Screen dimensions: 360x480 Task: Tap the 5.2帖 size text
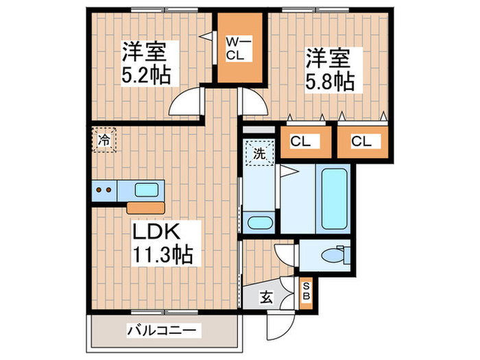(x=146, y=73)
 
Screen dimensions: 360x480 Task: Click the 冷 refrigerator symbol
(x=105, y=141)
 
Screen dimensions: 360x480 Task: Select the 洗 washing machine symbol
(x=259, y=154)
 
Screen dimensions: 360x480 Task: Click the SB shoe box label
(x=306, y=291)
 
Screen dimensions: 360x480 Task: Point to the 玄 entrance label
(x=264, y=298)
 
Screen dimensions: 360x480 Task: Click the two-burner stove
(x=104, y=189)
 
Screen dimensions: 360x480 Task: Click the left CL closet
(x=300, y=142)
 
